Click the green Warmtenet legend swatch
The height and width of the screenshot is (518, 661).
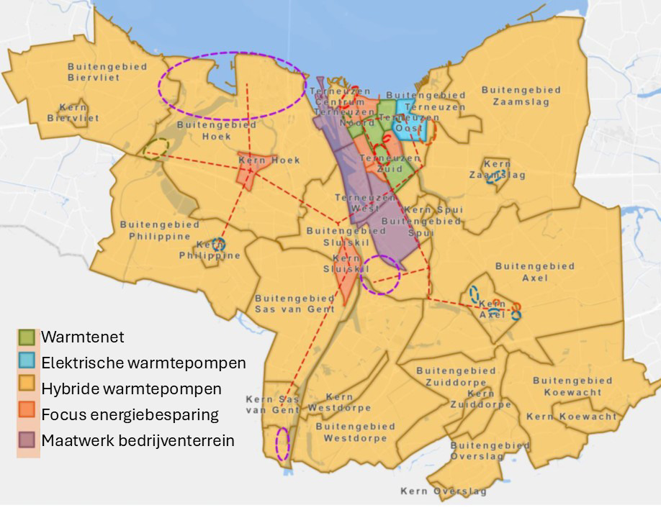[x=27, y=336]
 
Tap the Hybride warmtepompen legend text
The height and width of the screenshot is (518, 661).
[x=132, y=388]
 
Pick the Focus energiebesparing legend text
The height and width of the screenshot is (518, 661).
[x=130, y=414]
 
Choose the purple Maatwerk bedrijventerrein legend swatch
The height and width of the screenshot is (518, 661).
[x=27, y=440]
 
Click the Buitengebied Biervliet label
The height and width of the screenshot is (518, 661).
[x=107, y=72]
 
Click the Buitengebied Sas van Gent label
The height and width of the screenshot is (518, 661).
[x=294, y=304]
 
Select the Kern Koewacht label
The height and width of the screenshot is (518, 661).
[x=572, y=417]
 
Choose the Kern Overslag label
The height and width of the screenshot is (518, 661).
[x=444, y=492]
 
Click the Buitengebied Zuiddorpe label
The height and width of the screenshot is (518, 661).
[x=456, y=376]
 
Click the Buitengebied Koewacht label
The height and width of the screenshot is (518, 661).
[x=572, y=386]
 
